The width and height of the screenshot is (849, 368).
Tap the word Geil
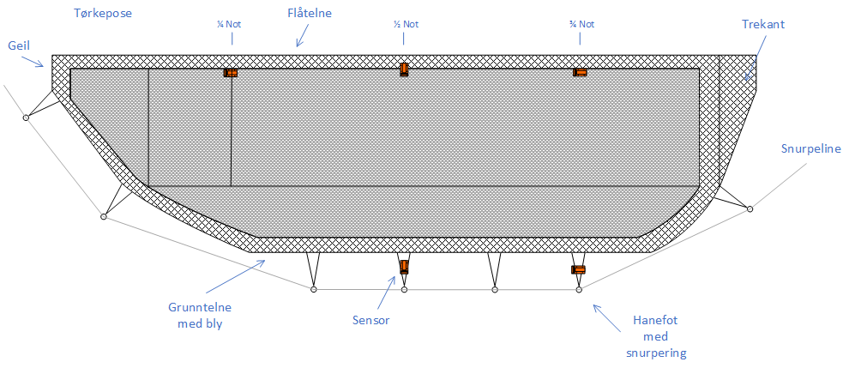click(17, 44)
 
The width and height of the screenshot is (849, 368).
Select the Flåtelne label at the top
click(310, 15)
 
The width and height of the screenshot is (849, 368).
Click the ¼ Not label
click(229, 24)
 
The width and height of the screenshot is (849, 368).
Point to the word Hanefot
click(655, 322)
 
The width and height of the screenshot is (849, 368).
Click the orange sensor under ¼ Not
click(231, 73)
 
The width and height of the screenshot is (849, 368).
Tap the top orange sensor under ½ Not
click(404, 69)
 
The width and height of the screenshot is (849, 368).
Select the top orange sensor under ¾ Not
click(581, 72)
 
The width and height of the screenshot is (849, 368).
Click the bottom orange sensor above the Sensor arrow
click(404, 266)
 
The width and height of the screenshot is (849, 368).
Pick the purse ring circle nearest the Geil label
click(27, 117)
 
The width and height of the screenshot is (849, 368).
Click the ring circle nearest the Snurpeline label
click(750, 208)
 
